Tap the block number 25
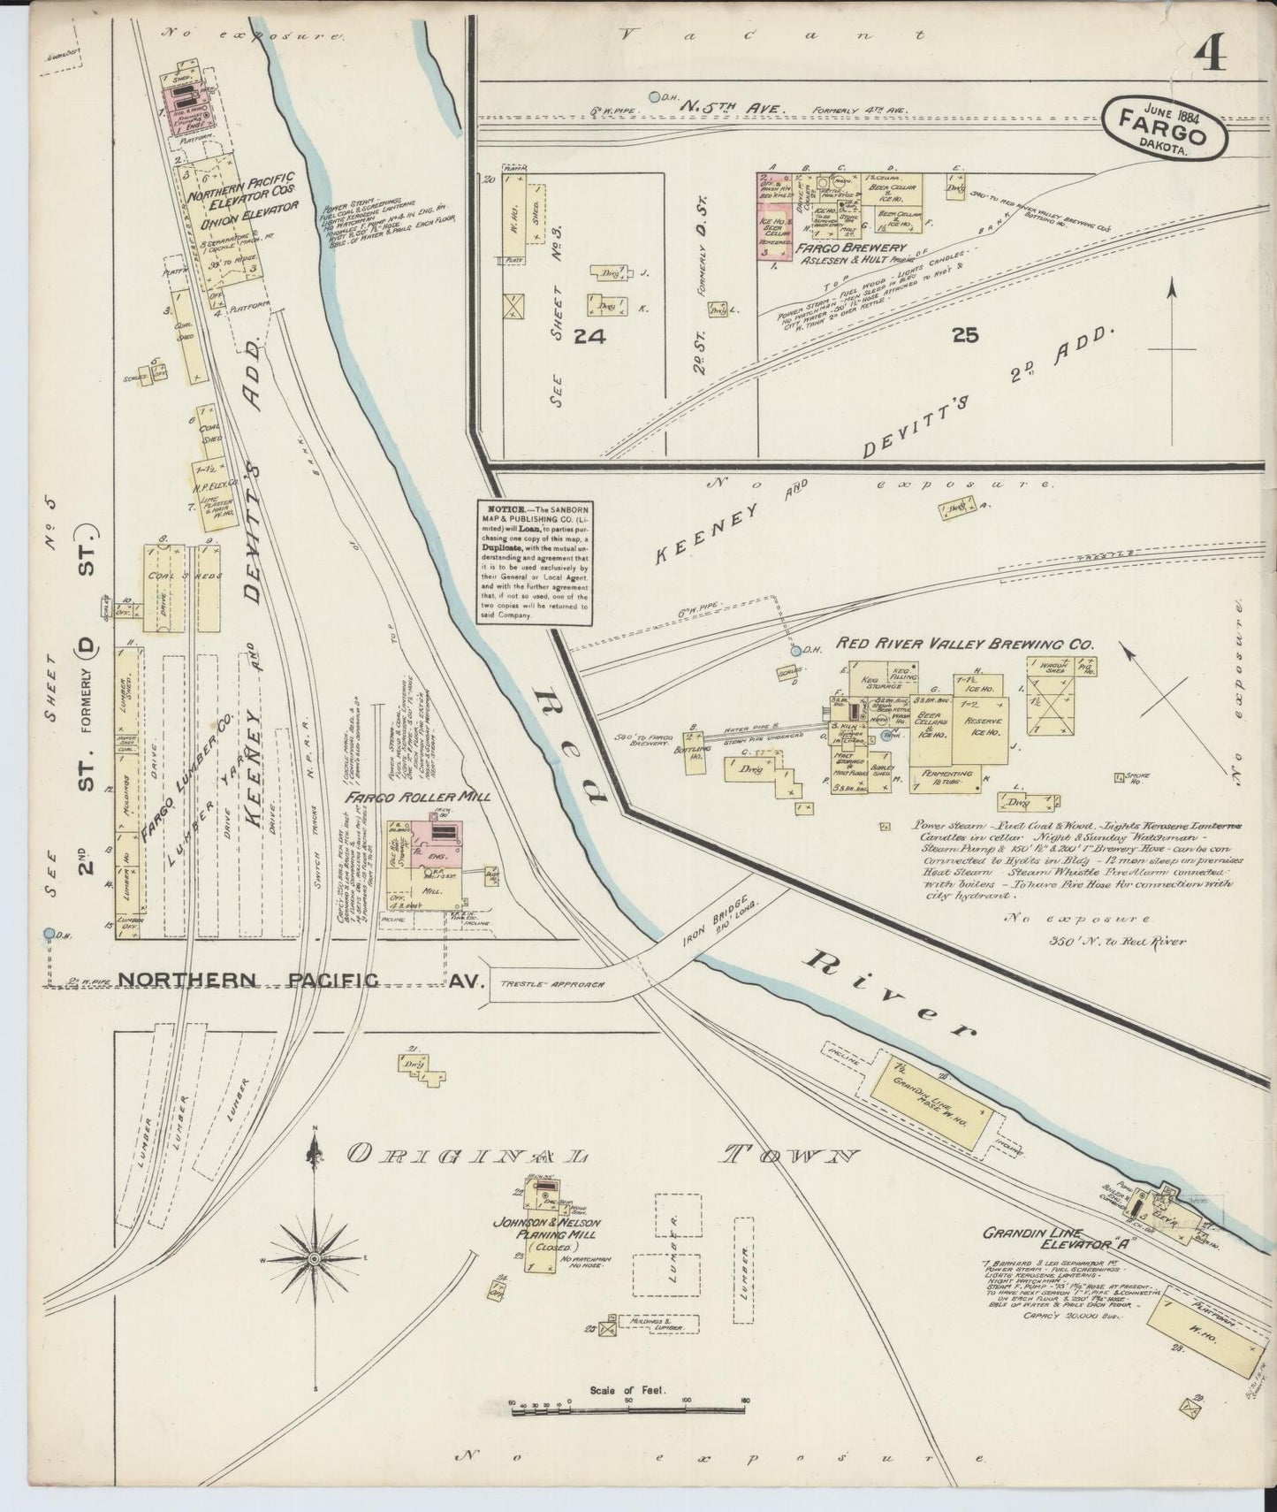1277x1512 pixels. point(966,335)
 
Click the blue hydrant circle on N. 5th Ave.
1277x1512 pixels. point(654,96)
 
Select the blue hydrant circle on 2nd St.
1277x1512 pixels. point(48,933)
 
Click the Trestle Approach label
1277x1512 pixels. point(551,983)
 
